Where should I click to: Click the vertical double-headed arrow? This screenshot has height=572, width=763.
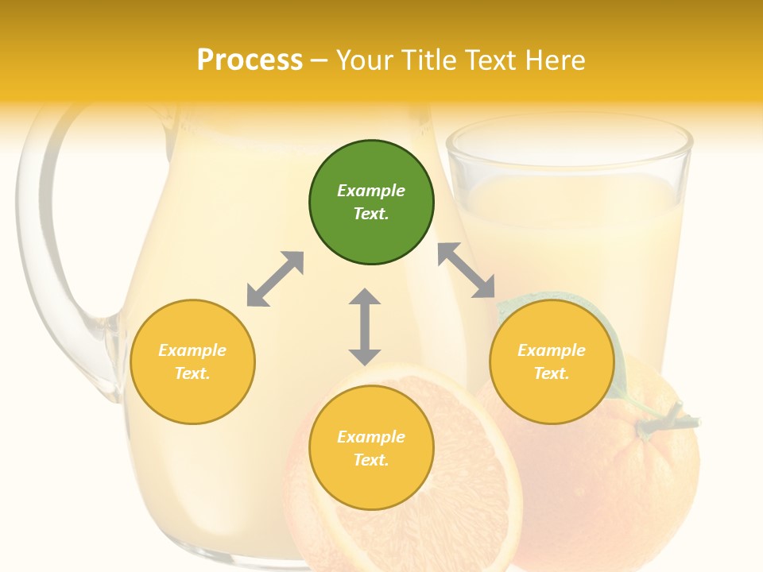click(365, 327)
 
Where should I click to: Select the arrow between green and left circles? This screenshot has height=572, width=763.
click(275, 279)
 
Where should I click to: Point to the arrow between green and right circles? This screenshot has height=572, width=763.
click(466, 270)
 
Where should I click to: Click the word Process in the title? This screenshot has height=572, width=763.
click(250, 60)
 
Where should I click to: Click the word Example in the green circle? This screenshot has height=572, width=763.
click(371, 191)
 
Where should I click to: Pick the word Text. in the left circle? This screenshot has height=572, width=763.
click(192, 373)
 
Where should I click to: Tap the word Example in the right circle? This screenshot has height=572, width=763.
click(552, 350)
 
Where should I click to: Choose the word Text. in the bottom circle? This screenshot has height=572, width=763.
click(371, 460)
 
